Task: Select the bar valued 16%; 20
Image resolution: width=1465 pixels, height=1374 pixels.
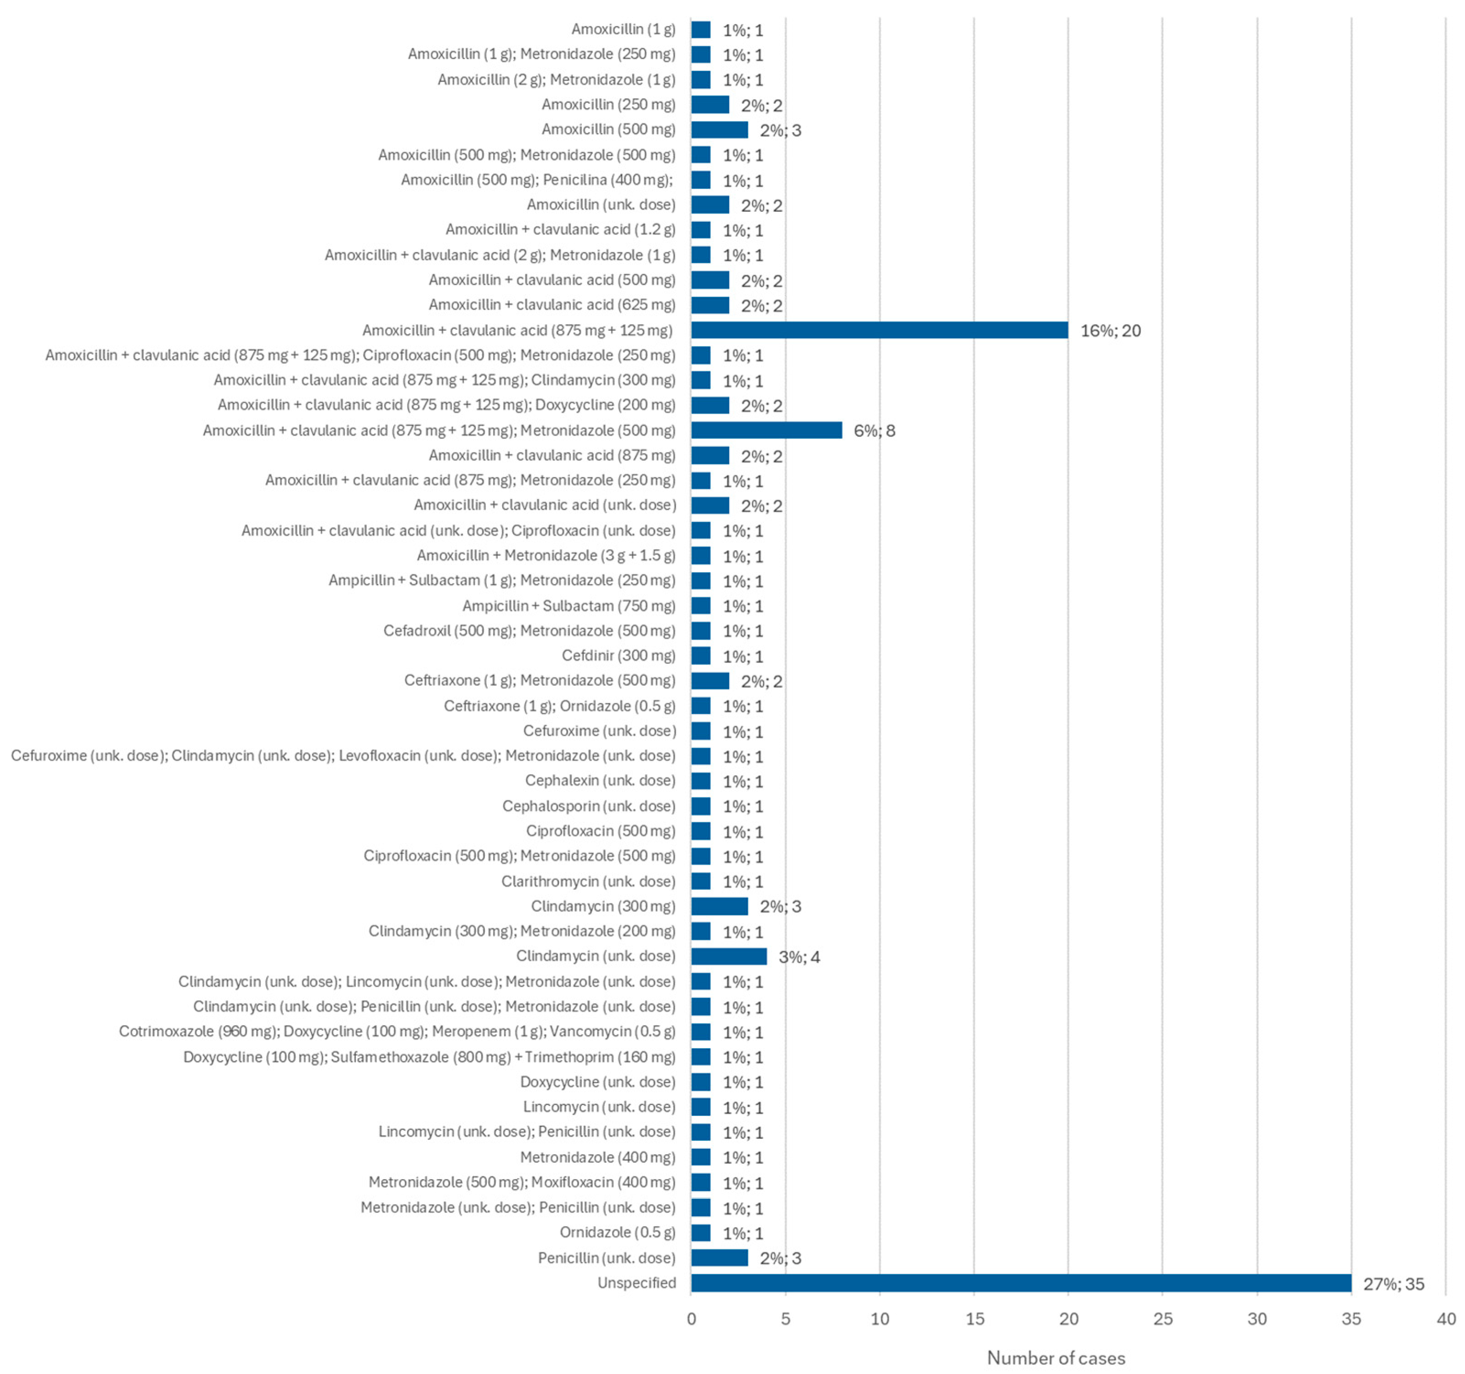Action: click(879, 330)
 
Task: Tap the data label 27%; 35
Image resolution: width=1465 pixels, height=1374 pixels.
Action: click(1393, 1284)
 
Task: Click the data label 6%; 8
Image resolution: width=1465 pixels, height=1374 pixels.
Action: click(874, 431)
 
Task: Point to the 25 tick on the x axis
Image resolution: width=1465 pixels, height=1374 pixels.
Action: click(1162, 1319)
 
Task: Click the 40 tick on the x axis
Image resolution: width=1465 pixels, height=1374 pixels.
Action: click(1445, 1319)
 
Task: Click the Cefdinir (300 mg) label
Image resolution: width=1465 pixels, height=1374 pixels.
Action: click(618, 655)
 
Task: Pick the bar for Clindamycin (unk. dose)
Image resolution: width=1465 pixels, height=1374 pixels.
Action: click(729, 956)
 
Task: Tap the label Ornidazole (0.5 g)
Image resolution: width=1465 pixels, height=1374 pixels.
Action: click(617, 1232)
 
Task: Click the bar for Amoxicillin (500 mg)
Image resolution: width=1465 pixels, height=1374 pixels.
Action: click(719, 130)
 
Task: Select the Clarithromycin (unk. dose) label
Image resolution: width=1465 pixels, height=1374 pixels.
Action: click(588, 881)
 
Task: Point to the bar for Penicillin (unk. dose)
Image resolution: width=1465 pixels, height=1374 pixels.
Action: click(719, 1257)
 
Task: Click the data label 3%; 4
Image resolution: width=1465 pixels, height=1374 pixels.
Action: click(799, 957)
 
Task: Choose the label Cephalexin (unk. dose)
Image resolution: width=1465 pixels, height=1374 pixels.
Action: click(600, 780)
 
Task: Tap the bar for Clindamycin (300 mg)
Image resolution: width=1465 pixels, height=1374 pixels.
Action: click(719, 906)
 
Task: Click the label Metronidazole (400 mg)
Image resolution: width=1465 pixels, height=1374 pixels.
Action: click(598, 1157)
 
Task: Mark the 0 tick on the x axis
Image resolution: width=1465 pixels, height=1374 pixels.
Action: click(691, 1319)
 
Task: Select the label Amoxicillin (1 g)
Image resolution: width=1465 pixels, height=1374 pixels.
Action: click(622, 29)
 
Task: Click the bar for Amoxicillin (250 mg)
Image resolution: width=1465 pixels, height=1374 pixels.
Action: click(710, 105)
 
